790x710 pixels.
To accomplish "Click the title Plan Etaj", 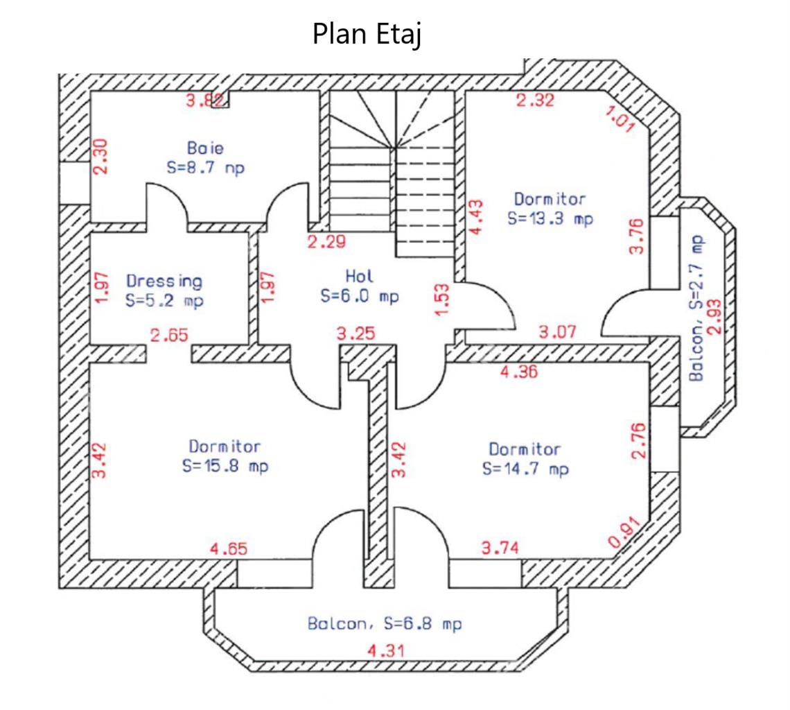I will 367,34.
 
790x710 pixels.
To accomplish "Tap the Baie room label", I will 205,148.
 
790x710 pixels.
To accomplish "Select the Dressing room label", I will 164,281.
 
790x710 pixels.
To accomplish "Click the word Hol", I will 360,276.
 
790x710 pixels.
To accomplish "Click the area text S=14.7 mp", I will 525,469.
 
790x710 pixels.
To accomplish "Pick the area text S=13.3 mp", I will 550,218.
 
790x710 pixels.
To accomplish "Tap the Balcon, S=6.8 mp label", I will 385,623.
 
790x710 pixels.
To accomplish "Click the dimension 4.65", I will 229,549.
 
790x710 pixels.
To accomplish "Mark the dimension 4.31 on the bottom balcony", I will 386,651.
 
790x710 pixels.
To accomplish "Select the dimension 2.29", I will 326,242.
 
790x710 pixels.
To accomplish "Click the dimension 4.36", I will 518,372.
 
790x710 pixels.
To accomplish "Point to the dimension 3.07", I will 558,332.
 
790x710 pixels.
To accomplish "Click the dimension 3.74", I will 500,548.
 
